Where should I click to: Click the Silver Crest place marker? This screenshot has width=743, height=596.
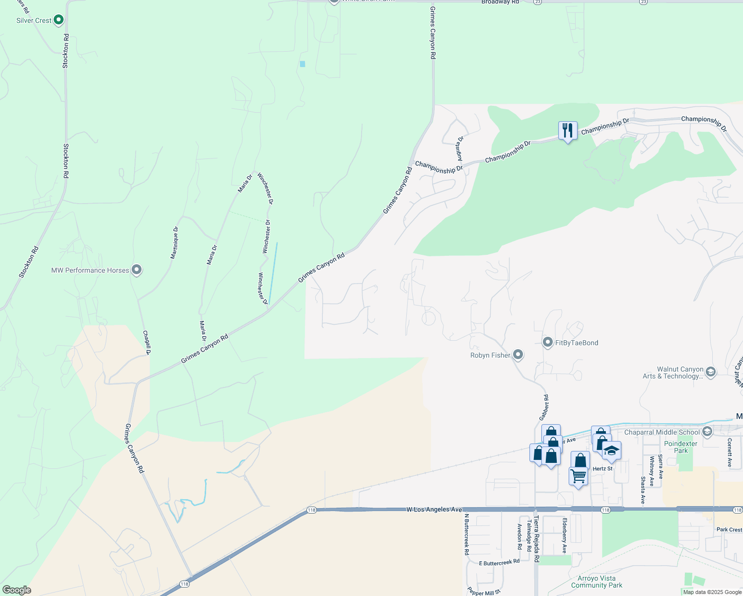(x=59, y=20)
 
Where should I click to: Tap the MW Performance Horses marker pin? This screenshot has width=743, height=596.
(x=137, y=270)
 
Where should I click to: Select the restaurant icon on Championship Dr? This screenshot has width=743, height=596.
(x=567, y=131)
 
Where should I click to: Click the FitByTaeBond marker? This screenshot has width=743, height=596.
(x=548, y=342)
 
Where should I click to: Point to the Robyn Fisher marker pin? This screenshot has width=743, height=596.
(x=518, y=355)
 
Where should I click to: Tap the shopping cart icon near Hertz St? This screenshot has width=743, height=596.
(x=579, y=476)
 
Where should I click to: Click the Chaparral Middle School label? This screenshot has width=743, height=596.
(x=662, y=432)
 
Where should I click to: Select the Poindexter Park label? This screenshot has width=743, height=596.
(x=680, y=447)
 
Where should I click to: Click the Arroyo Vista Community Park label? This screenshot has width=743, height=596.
(x=596, y=582)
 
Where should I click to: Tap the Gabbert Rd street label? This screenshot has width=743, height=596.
(x=544, y=407)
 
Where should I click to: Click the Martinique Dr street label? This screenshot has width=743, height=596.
(x=174, y=242)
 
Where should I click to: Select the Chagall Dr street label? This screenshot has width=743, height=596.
(x=147, y=342)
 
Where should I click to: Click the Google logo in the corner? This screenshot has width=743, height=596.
(x=16, y=590)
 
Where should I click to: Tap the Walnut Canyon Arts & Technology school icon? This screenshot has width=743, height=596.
(x=710, y=372)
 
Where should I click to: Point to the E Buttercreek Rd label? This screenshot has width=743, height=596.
(x=499, y=562)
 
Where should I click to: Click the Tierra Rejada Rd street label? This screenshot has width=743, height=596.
(x=536, y=539)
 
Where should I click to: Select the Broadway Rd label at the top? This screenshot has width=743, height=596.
(x=500, y=2)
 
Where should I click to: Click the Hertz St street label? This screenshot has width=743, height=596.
(x=602, y=469)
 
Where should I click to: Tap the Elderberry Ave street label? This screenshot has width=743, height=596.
(x=564, y=535)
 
